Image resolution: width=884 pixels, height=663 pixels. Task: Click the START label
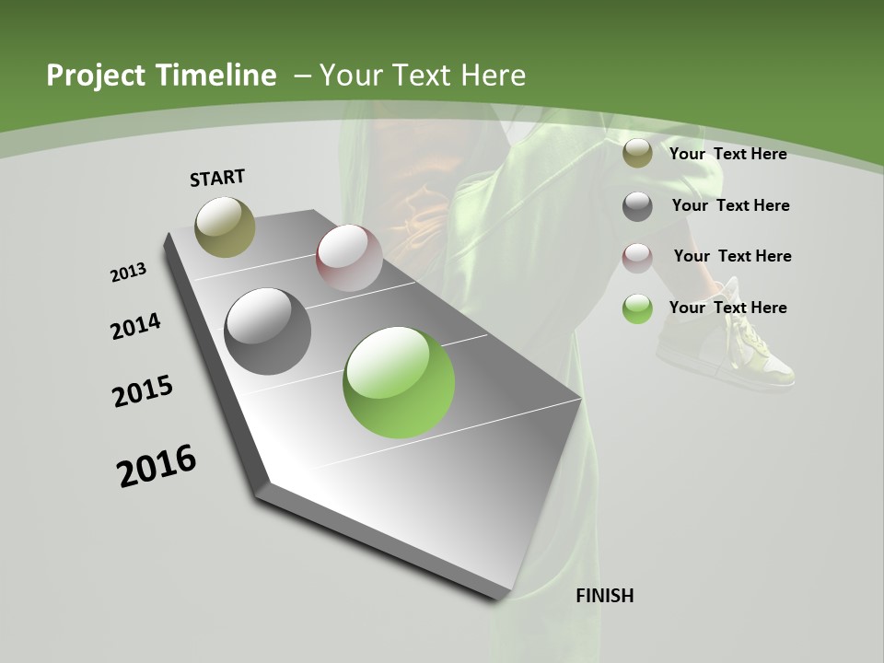click(x=217, y=178)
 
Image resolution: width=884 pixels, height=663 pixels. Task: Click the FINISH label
click(x=604, y=596)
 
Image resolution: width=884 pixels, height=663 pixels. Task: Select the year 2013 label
click(x=128, y=273)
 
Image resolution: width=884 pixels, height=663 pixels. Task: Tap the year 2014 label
click(x=135, y=327)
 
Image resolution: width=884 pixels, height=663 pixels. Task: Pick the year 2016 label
click(x=157, y=466)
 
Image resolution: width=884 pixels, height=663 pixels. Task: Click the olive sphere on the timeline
click(x=225, y=227)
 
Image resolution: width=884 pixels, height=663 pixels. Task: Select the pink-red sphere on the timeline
click(x=349, y=257)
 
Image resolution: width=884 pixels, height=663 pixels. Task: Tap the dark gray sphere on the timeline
click(x=267, y=331)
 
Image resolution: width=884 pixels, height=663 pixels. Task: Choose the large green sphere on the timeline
click(x=399, y=382)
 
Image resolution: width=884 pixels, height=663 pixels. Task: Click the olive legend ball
click(x=637, y=154)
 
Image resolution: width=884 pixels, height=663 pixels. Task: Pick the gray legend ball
click(x=637, y=206)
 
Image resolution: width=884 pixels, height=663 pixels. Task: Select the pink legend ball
click(x=637, y=257)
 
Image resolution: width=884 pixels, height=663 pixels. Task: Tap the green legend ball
click(x=637, y=308)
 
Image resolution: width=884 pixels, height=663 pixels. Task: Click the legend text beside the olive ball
click(x=727, y=154)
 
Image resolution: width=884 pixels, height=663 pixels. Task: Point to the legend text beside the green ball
click(x=727, y=308)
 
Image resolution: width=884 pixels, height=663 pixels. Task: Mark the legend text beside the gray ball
click(x=730, y=205)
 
